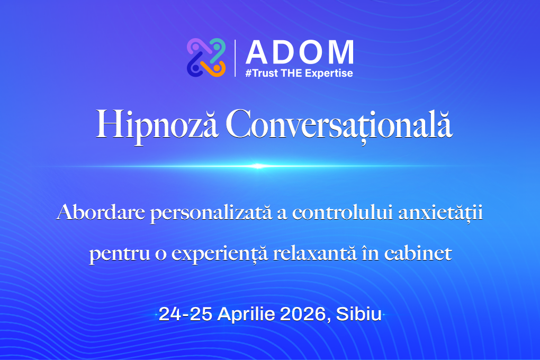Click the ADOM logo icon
click(x=206, y=57)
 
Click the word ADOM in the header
click(x=299, y=52)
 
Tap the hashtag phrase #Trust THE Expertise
click(x=299, y=73)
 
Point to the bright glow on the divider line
click(x=258, y=166)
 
